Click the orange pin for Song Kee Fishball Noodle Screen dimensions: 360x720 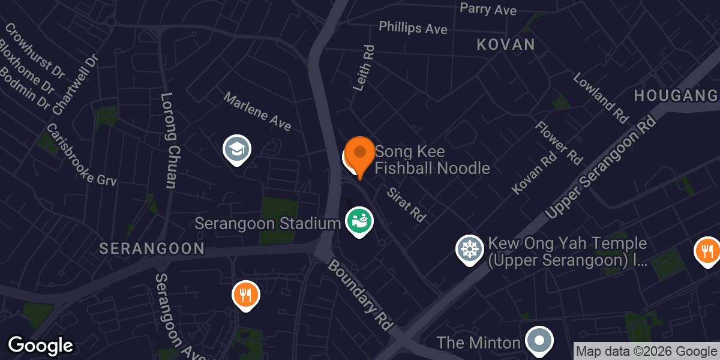pyautogui.click(x=360, y=155)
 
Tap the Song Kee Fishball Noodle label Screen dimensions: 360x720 pyautogui.click(x=432, y=160)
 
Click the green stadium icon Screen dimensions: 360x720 pyautogui.click(x=359, y=221)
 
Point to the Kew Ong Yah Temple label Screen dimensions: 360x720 pyautogui.click(x=567, y=252)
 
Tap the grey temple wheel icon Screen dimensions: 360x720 pyautogui.click(x=470, y=249)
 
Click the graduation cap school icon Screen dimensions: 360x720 pyautogui.click(x=237, y=149)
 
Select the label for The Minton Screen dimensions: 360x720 pyautogui.click(x=478, y=343)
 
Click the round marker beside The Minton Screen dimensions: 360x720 pyautogui.click(x=539, y=341)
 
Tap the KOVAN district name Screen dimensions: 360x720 pyautogui.click(x=505, y=44)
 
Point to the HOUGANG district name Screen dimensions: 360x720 pyautogui.click(x=676, y=96)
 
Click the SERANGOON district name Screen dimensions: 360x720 pyautogui.click(x=152, y=248)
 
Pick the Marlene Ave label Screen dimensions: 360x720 pyautogui.click(x=258, y=112)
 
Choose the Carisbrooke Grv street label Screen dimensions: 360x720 pyautogui.click(x=81, y=154)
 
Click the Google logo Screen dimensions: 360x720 pyautogui.click(x=40, y=346)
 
